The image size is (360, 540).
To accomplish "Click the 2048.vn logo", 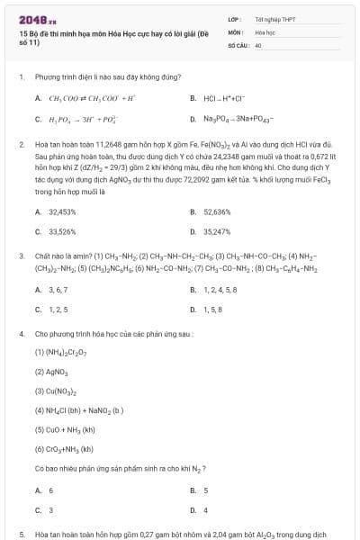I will click(x=38, y=19).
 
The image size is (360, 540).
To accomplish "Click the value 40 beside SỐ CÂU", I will click(x=258, y=44).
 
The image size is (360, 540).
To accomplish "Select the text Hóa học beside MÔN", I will click(x=264, y=31).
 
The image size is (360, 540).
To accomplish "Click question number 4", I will click(x=21, y=334).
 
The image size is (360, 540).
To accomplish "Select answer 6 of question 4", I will click(x=50, y=490).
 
